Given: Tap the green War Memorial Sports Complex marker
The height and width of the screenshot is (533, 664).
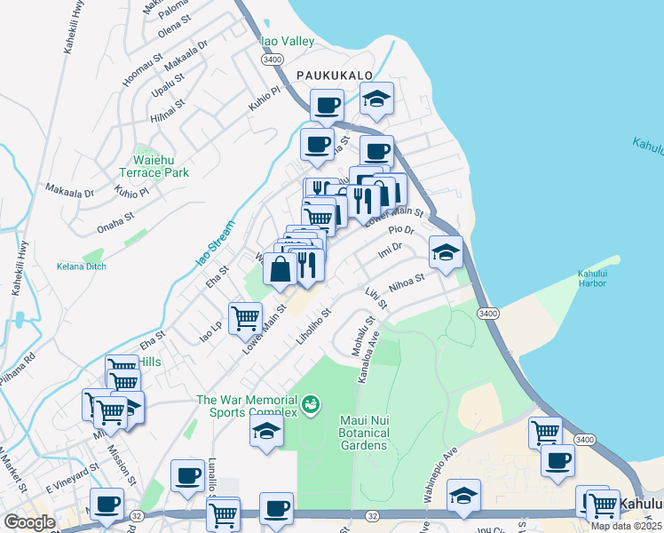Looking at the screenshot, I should coord(311,405).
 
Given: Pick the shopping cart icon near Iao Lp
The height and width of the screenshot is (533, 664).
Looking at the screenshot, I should coord(245,316).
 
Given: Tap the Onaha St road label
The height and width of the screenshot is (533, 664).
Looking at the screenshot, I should coord(115,221).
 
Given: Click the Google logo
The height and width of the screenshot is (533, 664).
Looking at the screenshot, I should coord(28,521).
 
